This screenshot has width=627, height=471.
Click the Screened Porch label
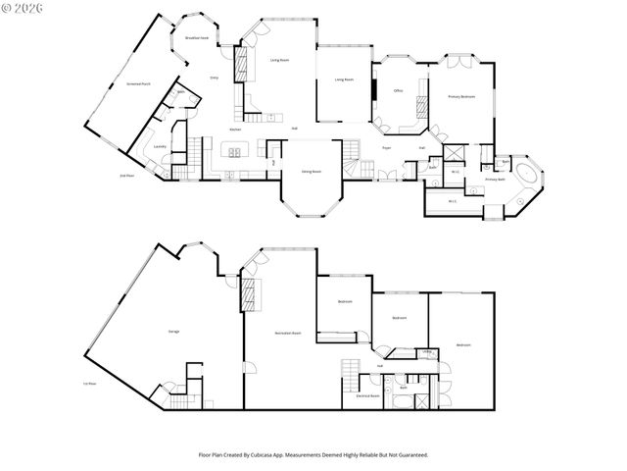(x=138, y=84)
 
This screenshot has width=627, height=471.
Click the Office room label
(x=399, y=89)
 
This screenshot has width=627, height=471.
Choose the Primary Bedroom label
(x=461, y=96)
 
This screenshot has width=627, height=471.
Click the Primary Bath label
(x=495, y=180)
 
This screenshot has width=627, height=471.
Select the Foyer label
(x=386, y=147)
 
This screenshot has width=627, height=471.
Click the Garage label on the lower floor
(x=173, y=332)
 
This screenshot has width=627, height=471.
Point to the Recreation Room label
(x=287, y=333)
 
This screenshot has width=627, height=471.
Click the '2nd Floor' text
(x=126, y=175)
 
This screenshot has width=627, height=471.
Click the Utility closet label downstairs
(x=428, y=351)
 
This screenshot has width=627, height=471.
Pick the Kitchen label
(x=236, y=130)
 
